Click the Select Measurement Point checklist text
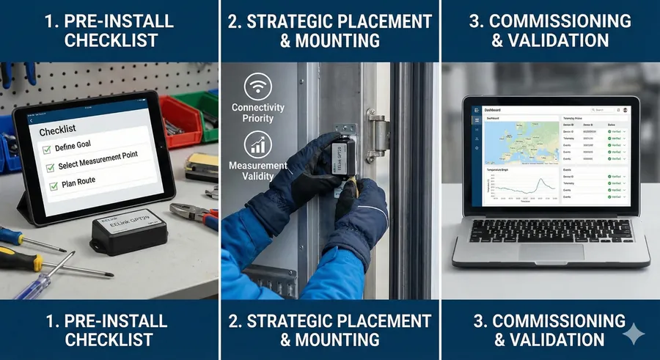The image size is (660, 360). pyautogui.click(x=98, y=161)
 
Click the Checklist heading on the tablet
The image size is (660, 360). pyautogui.click(x=58, y=131)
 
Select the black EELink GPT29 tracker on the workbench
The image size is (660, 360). pyautogui.click(x=128, y=234)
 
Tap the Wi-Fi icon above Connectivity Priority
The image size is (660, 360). pyautogui.click(x=257, y=87)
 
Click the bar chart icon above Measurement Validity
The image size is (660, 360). pyautogui.click(x=257, y=144)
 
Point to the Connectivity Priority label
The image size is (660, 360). pyautogui.click(x=257, y=113)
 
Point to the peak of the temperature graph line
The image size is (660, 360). pyautogui.click(x=541, y=180)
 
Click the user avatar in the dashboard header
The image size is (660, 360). pyautogui.click(x=626, y=110)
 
